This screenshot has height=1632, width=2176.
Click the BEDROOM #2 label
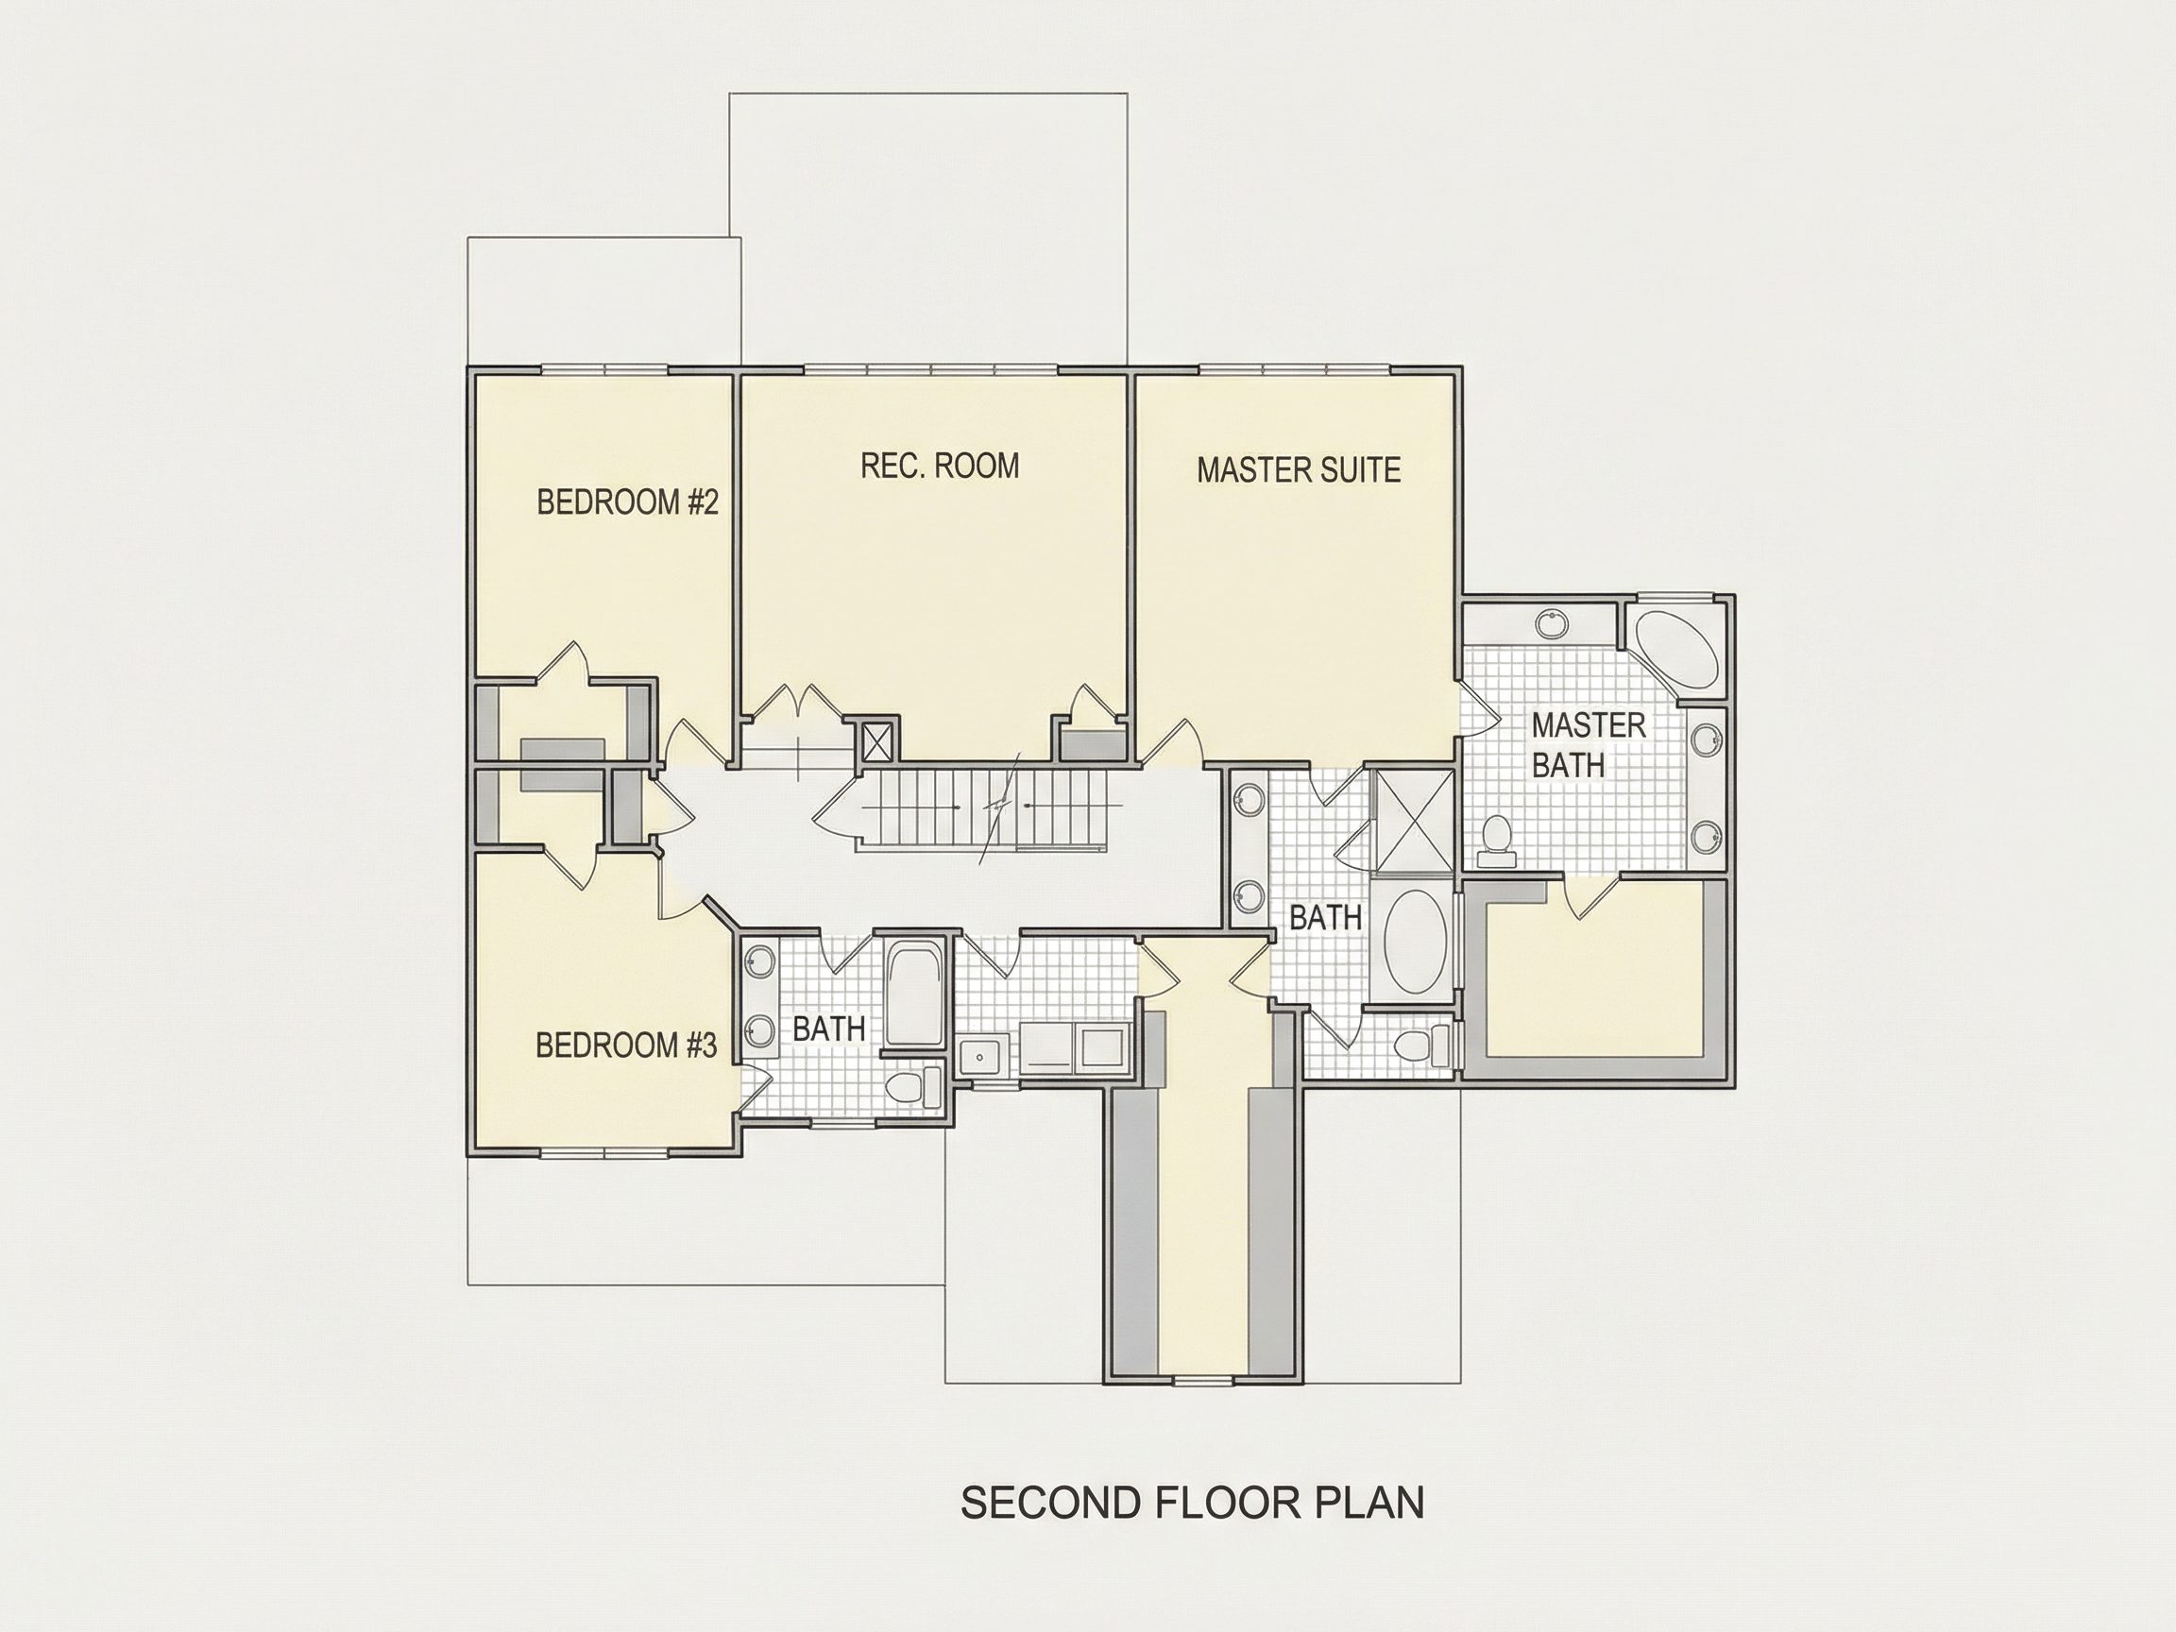[628, 502]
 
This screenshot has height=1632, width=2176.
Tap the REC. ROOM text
[940, 466]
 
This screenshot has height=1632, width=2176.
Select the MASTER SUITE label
[1299, 470]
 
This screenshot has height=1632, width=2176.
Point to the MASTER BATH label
[1588, 744]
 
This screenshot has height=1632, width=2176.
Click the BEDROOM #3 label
[626, 1045]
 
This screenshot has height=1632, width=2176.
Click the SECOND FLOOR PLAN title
[1192, 1503]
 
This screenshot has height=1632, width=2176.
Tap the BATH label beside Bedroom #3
[829, 1029]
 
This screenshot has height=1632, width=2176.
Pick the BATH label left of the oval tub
[1325, 918]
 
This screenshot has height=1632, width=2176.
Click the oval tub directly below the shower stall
[1416, 943]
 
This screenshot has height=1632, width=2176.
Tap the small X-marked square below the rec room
[875, 742]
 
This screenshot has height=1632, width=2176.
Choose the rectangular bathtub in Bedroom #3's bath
[915, 994]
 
